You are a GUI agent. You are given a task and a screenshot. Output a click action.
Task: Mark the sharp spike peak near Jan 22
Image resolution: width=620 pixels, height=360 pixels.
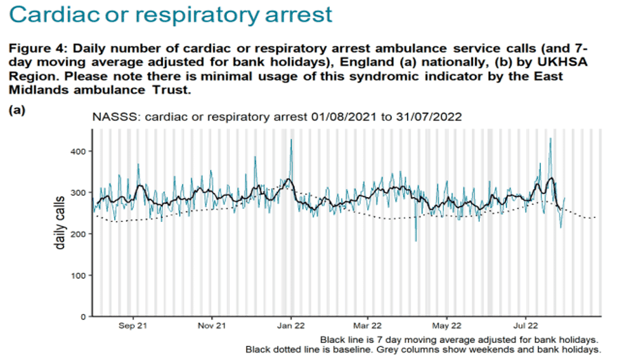coord(291,140)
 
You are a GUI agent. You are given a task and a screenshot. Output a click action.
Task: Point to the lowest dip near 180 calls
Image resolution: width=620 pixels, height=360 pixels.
coord(416,240)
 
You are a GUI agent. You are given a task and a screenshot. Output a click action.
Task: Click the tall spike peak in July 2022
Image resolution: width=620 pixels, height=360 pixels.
coord(551,139)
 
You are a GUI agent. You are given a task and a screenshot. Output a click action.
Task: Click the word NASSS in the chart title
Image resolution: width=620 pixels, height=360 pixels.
coord(112,117)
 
